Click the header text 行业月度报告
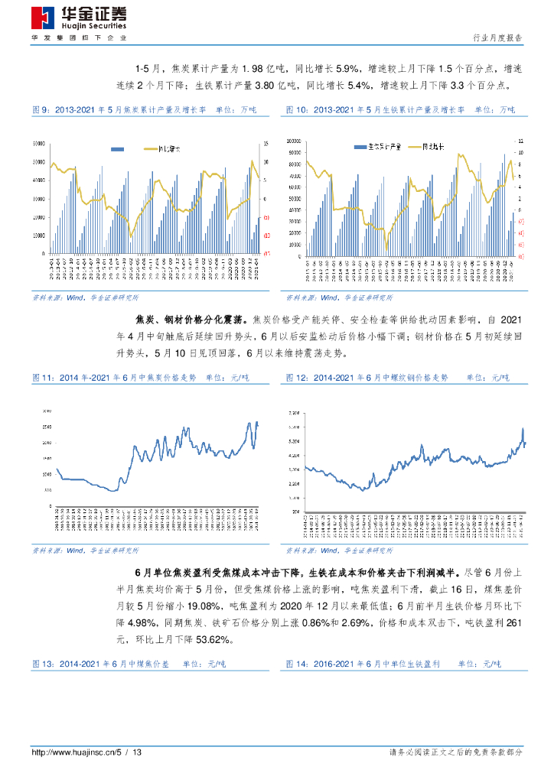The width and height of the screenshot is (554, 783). pos(498,37)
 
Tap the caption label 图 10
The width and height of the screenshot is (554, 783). pos(298,110)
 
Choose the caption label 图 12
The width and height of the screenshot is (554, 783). pos(299,378)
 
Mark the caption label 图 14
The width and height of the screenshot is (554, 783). pos(299,664)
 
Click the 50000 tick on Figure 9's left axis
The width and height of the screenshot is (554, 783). pos(39,162)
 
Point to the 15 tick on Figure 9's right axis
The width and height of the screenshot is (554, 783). pos(266,143)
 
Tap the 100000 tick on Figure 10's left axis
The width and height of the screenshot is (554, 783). pos(292,141)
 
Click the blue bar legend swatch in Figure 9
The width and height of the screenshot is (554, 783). pos(118,149)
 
